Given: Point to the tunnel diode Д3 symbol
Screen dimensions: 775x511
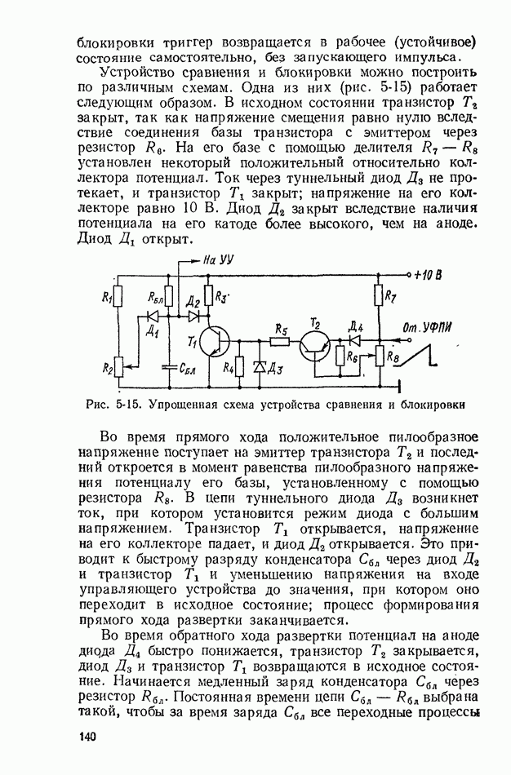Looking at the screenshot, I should (x=260, y=368).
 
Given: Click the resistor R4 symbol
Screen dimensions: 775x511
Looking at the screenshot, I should (x=239, y=367).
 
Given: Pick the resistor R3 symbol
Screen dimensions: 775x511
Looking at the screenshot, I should (x=208, y=294).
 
